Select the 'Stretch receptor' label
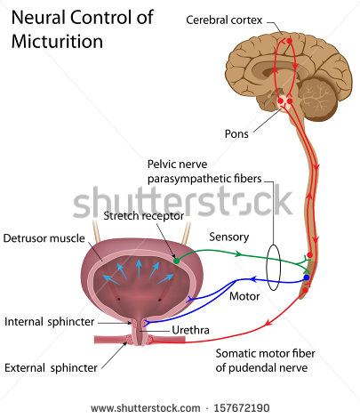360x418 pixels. point(143,215)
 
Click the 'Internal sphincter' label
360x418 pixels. point(45,321)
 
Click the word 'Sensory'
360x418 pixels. point(228,237)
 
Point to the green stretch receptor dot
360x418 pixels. point(176,260)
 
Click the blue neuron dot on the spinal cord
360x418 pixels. point(307,278)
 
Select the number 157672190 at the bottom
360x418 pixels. point(236,408)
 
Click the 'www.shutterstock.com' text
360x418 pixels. point(146,408)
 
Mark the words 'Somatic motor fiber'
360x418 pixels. point(266,354)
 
